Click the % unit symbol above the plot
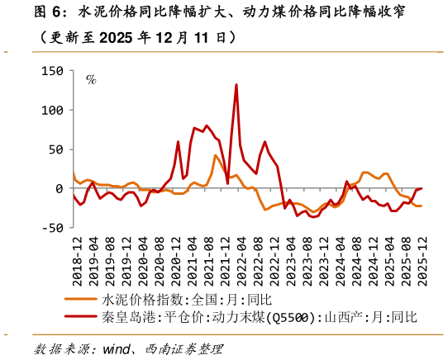91,80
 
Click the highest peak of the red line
236,84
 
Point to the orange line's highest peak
216,155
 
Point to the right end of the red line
422,188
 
